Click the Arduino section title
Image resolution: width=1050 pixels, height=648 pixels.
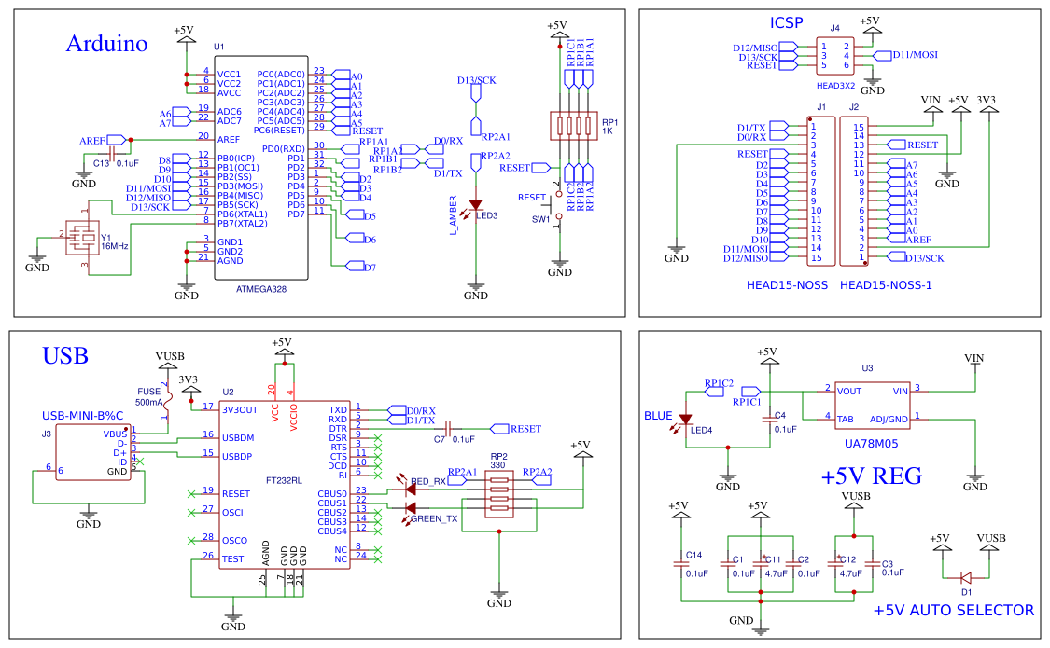[106, 44]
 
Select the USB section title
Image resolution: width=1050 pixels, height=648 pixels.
[64, 356]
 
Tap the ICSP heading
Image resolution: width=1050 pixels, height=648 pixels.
[786, 23]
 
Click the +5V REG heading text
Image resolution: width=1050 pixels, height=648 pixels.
[871, 476]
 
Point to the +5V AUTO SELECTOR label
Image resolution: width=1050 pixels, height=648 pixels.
[953, 611]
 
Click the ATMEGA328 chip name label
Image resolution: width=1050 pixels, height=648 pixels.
[261, 289]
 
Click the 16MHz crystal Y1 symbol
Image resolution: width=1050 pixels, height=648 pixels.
[83, 239]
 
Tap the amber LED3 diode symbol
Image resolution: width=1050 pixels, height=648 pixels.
[476, 204]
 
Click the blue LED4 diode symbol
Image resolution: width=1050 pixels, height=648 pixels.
[686, 421]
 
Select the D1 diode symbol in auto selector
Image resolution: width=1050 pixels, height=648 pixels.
[966, 576]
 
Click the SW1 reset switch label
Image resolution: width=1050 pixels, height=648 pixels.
[540, 219]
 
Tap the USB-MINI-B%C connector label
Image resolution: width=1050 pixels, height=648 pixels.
[82, 416]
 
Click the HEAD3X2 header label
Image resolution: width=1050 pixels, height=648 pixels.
[833, 85]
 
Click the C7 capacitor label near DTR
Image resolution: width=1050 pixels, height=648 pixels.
[439, 439]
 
